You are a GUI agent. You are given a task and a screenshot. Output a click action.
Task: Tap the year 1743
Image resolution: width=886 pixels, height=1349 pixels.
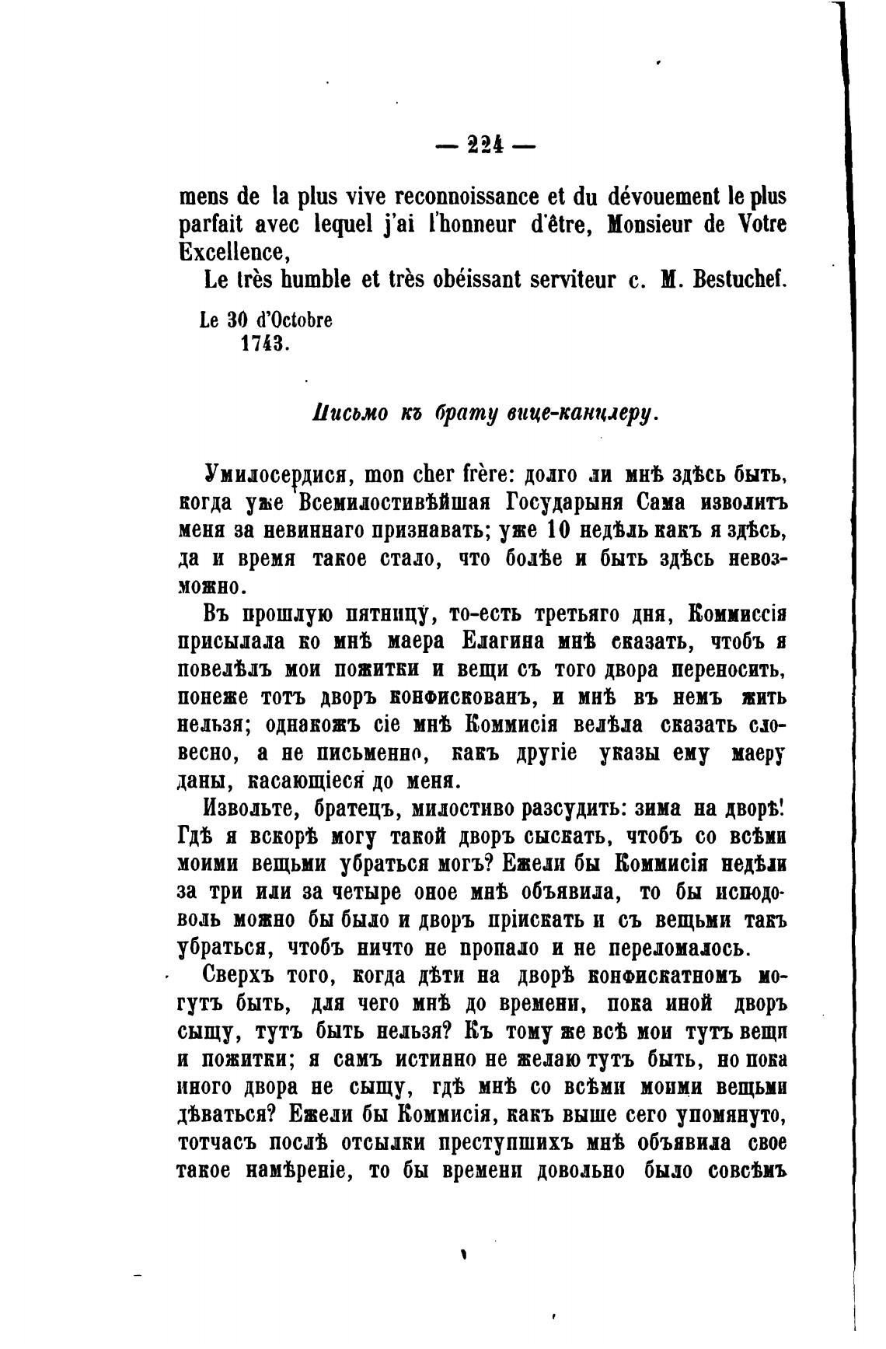pyautogui.click(x=265, y=343)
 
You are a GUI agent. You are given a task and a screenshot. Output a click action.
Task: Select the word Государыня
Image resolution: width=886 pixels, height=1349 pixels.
pyautogui.click(x=577, y=502)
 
